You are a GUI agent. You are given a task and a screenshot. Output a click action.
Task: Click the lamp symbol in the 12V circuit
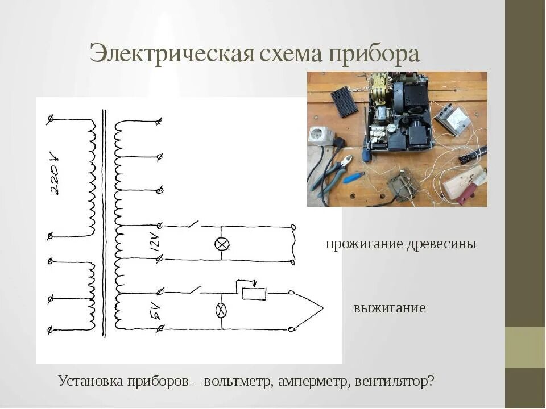(x=221, y=244)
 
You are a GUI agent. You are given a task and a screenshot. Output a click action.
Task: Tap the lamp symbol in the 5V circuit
(x=221, y=310)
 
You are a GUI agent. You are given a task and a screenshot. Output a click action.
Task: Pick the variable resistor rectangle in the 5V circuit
(x=253, y=294)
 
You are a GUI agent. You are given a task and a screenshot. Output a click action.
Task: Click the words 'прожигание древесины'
(x=401, y=244)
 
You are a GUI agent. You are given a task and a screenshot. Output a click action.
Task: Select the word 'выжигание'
(x=390, y=308)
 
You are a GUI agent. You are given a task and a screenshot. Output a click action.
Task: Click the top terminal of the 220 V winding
(x=51, y=119)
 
